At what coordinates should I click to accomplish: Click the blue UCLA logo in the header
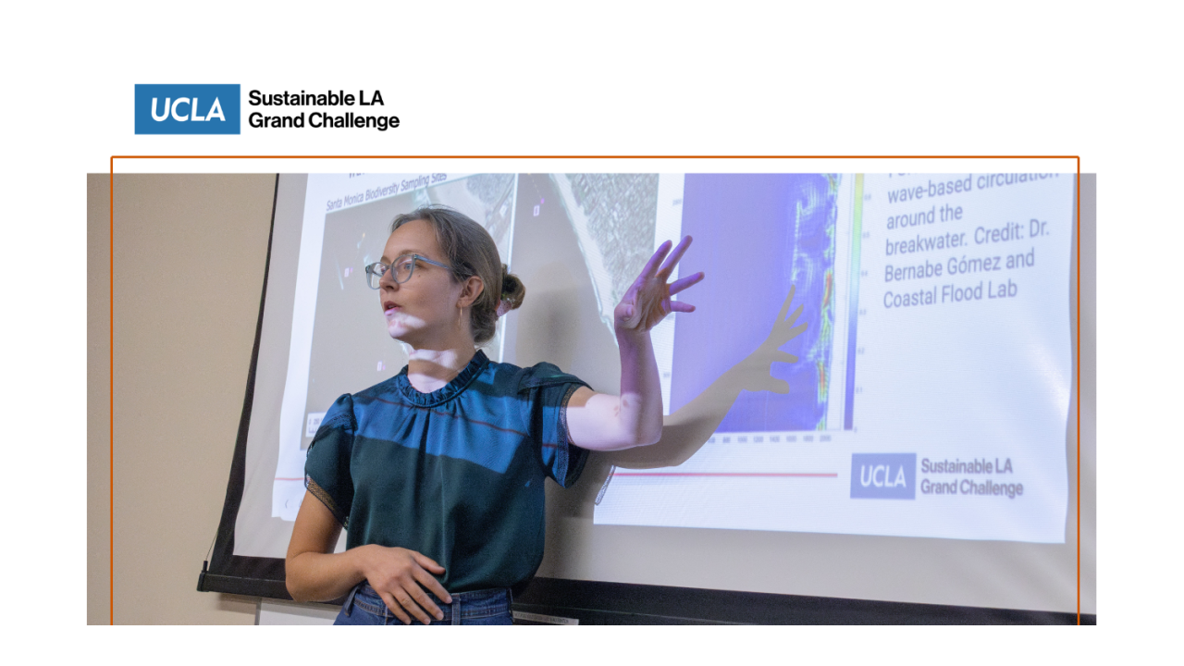(187, 109)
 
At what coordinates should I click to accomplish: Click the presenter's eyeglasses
(401, 270)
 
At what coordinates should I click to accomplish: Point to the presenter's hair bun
(511, 290)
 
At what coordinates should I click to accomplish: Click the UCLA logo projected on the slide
(882, 475)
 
